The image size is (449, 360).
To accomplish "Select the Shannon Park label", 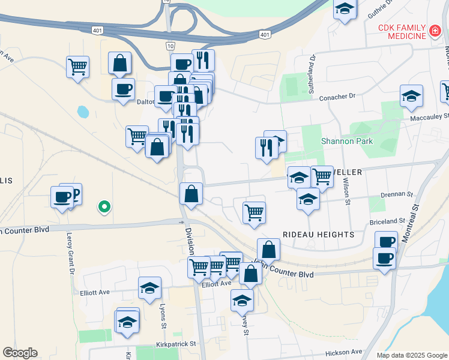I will [346, 142].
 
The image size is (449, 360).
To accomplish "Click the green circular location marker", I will [104, 207].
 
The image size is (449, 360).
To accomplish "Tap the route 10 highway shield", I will [170, 46].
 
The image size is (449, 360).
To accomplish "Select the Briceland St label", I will [397, 221].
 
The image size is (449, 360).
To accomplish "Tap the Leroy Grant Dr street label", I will [71, 253].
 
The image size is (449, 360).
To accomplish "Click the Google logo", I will [20, 353].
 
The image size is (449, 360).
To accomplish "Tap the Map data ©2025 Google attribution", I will [411, 355].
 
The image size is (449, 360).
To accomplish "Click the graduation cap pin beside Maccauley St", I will [411, 96].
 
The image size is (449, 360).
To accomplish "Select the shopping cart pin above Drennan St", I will [322, 176].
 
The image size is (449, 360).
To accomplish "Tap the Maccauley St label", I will [429, 117].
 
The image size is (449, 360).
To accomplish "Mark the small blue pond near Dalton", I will [83, 112].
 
